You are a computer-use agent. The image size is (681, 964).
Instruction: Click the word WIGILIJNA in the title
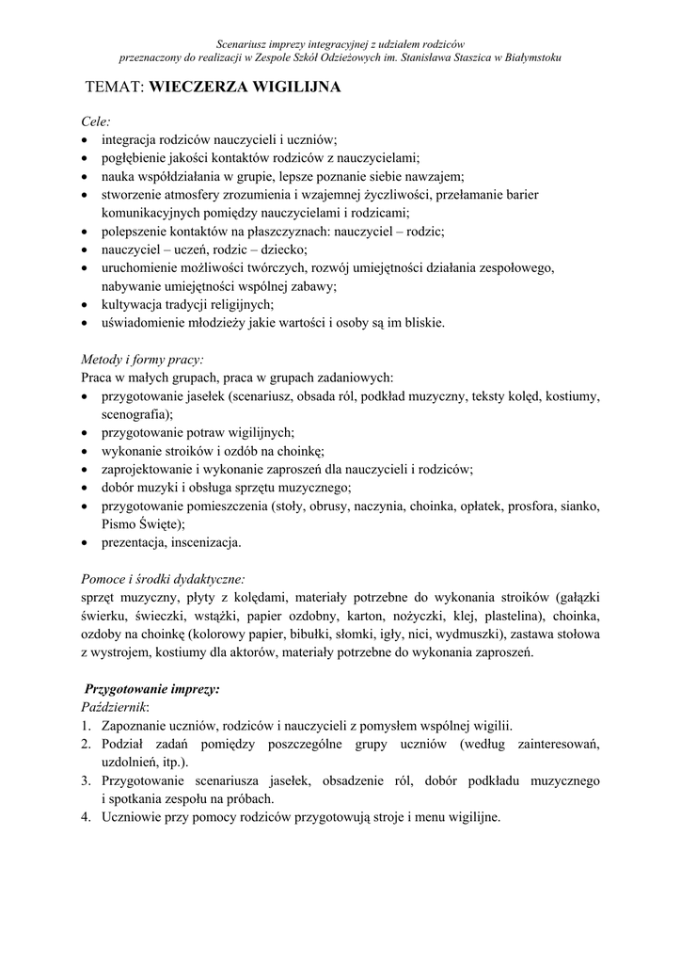click(x=293, y=88)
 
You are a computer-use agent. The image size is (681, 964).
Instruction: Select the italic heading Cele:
click(x=96, y=121)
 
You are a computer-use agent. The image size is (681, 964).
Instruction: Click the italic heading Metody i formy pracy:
click(x=142, y=360)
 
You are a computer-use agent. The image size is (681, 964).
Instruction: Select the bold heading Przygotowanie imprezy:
click(x=152, y=688)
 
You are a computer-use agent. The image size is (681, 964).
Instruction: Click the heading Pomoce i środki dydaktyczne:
click(x=164, y=579)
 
